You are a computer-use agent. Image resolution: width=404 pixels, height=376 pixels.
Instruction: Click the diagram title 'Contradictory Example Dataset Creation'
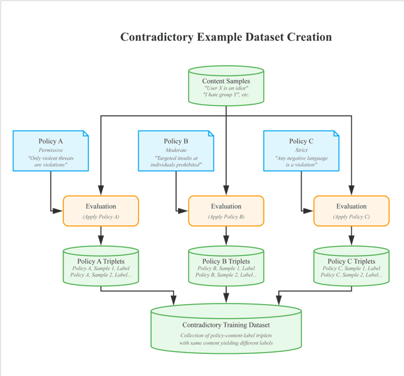(x=226, y=37)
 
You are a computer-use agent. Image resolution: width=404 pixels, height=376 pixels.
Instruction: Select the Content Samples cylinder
(x=226, y=86)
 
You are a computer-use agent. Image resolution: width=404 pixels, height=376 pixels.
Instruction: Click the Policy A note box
(x=50, y=151)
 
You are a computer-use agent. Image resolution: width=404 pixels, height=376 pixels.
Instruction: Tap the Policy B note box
(x=176, y=151)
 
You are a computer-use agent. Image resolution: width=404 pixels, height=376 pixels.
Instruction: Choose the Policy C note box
(x=301, y=151)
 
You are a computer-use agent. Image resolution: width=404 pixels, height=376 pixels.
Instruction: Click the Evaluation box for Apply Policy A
(x=100, y=211)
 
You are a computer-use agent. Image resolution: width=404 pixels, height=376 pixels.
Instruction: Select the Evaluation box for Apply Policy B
(x=226, y=211)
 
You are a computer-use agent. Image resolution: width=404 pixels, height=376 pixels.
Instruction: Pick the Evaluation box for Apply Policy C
(x=351, y=211)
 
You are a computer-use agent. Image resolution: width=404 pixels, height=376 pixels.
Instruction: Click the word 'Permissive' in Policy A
(x=50, y=151)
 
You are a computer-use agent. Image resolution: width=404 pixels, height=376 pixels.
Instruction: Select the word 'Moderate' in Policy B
(x=176, y=151)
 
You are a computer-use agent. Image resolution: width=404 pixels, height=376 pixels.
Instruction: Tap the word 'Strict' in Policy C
(x=301, y=151)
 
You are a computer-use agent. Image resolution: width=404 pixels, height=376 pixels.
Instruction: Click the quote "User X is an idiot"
(x=226, y=88)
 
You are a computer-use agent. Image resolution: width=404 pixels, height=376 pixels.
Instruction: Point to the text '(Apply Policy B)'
(x=226, y=217)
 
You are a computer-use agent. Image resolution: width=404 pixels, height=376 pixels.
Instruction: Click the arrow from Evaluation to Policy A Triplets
(x=100, y=235)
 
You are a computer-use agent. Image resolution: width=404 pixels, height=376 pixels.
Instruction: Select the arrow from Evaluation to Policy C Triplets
(x=351, y=235)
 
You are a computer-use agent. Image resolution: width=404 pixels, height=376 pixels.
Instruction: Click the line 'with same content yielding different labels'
(x=226, y=343)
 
